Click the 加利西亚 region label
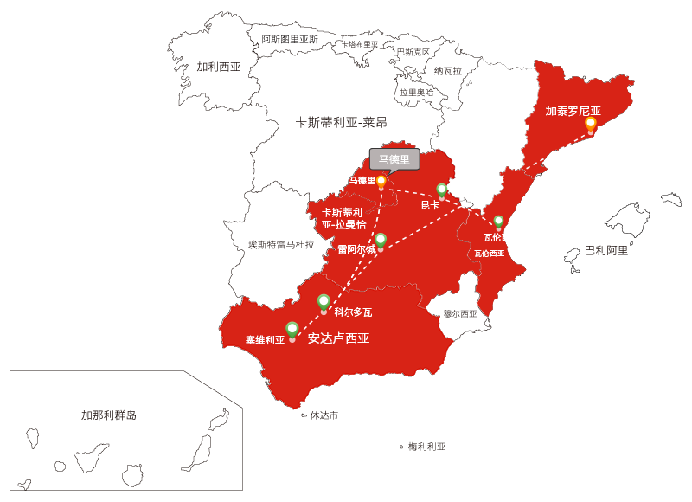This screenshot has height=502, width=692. click(x=218, y=67)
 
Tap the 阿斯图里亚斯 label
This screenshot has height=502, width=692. click(x=290, y=39)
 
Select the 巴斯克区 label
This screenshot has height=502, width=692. click(x=413, y=52)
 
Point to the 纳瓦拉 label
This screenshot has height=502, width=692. click(x=448, y=71)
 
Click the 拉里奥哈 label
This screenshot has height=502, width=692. click(x=417, y=92)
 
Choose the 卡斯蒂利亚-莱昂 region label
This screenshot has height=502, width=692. click(x=342, y=123)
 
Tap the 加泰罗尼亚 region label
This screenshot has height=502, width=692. click(x=573, y=111)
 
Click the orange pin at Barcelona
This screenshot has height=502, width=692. click(x=591, y=125)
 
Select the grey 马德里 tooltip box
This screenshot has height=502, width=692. click(x=394, y=159)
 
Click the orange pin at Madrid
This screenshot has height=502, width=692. click(x=381, y=182)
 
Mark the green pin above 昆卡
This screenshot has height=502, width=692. click(x=442, y=190)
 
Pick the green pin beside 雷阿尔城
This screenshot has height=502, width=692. click(x=381, y=240)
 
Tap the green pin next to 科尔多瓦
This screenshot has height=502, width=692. click(x=324, y=302)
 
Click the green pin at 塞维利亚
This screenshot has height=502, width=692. click(x=292, y=330)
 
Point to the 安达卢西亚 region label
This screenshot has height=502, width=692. click(x=338, y=338)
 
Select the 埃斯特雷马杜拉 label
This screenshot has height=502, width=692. click(x=281, y=245)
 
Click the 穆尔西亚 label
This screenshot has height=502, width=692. click(x=460, y=314)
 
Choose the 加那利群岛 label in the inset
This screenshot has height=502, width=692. click(x=109, y=415)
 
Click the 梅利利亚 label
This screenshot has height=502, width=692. click(x=427, y=447)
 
